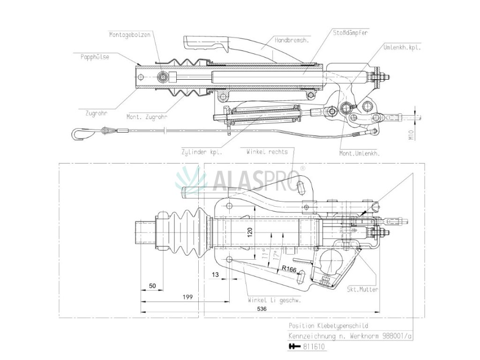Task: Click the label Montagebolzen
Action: pos(130,35)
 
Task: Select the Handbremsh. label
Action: pos(291,41)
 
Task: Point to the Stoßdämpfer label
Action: pos(350,33)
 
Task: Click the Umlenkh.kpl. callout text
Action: pos(402,48)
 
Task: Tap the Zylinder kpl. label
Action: pos(202,152)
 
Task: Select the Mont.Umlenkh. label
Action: pos(360,153)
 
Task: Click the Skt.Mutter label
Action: pos(362,290)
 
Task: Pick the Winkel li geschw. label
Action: pos(274,300)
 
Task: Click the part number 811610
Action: pos(314,347)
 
